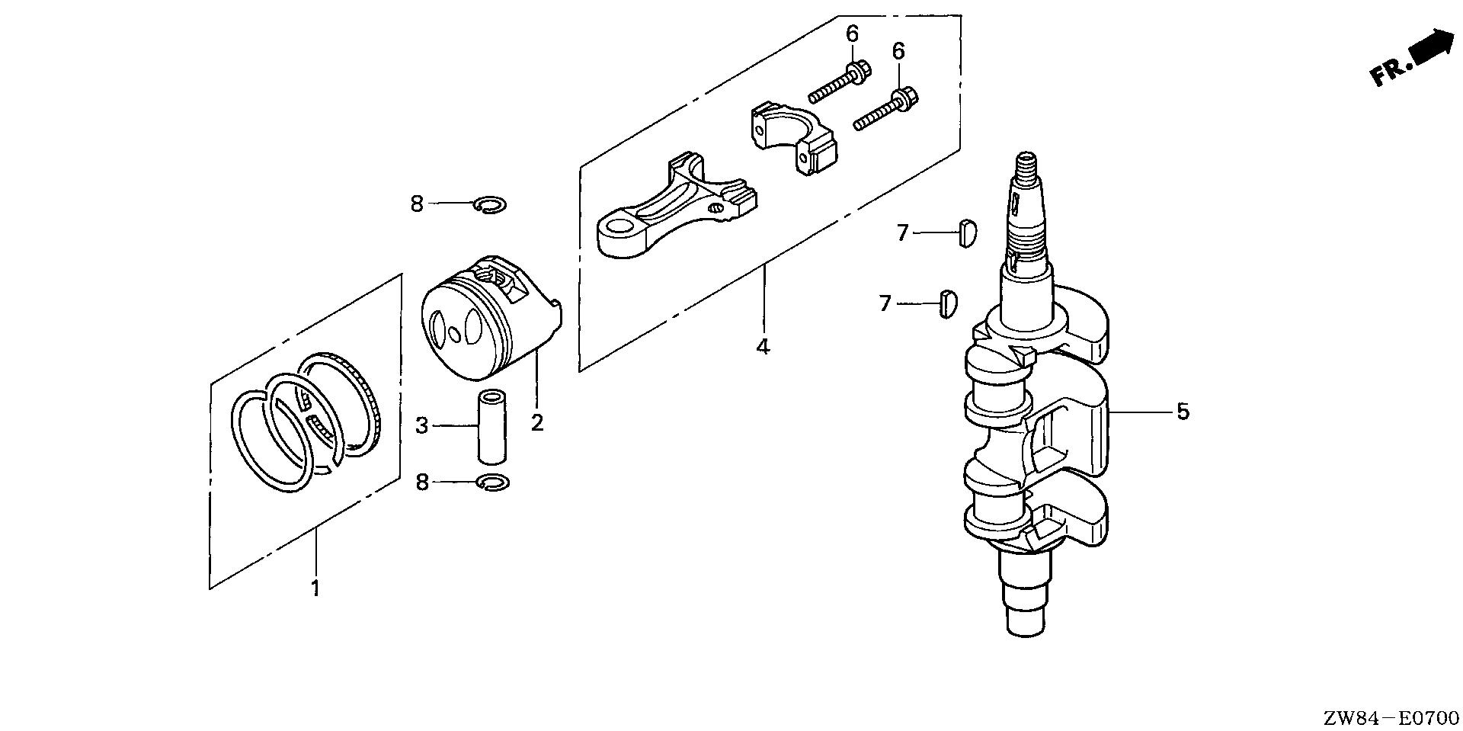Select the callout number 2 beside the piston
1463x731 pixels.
pyautogui.click(x=537, y=422)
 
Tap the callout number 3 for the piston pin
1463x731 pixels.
pyautogui.click(x=422, y=425)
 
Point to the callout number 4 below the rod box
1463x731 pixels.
pyautogui.click(x=763, y=347)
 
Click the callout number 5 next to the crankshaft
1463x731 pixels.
pyautogui.click(x=1182, y=412)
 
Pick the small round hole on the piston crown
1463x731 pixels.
pyautogui.click(x=455, y=334)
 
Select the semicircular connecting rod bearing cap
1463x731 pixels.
pyautogui.click(x=792, y=140)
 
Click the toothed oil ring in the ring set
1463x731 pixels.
pyautogui.click(x=339, y=404)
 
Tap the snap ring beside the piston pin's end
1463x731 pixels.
pyautogui.click(x=494, y=483)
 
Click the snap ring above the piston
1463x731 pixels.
pyautogui.click(x=489, y=204)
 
